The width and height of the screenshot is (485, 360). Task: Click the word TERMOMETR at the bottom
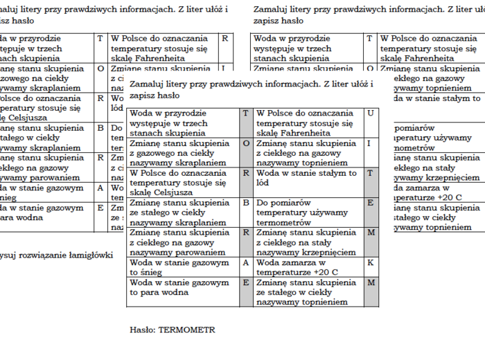click(x=186, y=330)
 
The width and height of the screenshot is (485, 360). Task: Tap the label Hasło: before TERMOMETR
click(x=143, y=330)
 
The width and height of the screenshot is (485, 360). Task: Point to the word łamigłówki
click(x=91, y=255)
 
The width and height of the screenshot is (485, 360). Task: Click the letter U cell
click(x=371, y=113)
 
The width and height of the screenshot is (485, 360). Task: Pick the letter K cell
click(x=371, y=263)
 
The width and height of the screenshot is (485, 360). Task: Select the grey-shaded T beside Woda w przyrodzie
click(x=246, y=113)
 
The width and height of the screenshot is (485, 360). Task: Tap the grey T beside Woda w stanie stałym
click(x=371, y=173)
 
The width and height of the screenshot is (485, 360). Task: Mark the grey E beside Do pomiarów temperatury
click(x=371, y=203)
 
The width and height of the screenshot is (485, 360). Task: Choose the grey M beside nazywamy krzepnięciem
click(x=371, y=233)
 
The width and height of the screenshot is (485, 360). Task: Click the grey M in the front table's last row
click(x=371, y=282)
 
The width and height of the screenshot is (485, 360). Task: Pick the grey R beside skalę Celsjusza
click(x=246, y=173)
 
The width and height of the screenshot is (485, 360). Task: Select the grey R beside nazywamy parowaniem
click(x=246, y=233)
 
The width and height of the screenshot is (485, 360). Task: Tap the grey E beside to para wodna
click(x=246, y=282)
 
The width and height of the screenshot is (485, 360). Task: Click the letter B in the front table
click(x=246, y=203)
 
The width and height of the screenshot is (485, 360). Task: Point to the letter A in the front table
click(x=246, y=263)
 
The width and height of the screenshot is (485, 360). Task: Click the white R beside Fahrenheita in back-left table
click(x=224, y=39)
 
